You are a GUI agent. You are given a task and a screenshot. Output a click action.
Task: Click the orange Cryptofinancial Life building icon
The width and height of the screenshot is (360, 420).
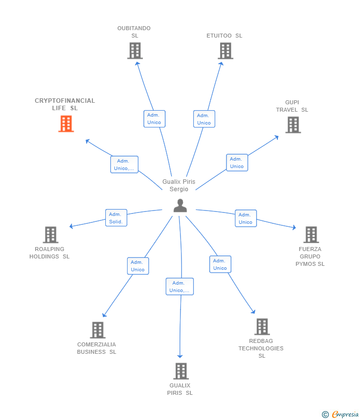coord(66,124)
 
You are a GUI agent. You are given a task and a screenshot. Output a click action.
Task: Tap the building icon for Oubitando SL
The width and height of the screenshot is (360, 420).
coord(135,50)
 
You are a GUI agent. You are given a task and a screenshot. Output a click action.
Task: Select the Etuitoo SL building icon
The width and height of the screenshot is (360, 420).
coord(225,50)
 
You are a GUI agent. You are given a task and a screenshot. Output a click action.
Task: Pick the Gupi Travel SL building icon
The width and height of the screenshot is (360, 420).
coord(293,125)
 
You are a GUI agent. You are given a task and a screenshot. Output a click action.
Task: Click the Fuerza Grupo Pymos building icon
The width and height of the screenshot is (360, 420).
coord(311,235)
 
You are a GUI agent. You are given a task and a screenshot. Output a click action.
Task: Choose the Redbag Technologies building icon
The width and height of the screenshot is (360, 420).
coord(262,327)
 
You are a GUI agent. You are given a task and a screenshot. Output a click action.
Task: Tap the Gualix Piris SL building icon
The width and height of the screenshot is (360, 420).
coord(181,371)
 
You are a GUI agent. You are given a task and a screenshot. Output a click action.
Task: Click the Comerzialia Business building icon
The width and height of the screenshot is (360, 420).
coord(98,330)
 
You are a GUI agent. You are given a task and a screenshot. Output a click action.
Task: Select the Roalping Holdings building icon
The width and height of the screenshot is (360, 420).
coord(50,235)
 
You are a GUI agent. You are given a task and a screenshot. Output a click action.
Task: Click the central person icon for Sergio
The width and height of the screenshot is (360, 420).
coord(180,206)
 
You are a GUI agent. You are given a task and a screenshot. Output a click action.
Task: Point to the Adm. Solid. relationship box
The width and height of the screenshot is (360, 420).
coord(116,218)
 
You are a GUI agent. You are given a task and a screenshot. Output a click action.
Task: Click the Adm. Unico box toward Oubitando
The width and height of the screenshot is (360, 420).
coord(154,119)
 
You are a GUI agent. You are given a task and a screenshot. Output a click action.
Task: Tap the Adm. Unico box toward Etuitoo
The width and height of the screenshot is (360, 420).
coord(204,119)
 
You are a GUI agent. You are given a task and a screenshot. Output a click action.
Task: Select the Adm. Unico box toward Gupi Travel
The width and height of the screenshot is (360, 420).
coord(237,163)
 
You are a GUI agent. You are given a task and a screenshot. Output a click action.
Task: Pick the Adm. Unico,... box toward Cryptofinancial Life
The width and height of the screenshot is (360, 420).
coord(124,165)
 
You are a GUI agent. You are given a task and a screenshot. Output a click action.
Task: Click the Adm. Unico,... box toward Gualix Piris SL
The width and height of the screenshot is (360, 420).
coord(180,287)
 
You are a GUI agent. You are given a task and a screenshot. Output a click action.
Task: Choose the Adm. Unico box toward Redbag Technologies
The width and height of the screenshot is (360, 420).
coord(220,264)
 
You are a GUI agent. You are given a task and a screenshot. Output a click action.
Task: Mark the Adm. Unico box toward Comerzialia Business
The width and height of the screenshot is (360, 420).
coord(137,266)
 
